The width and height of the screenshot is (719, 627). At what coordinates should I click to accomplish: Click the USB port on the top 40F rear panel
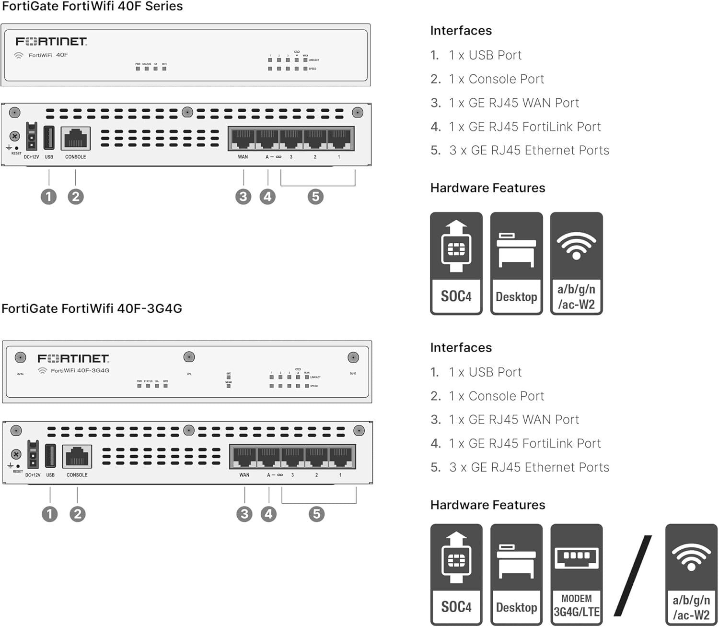[49, 138]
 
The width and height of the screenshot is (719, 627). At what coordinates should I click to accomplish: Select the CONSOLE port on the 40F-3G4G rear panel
[77, 456]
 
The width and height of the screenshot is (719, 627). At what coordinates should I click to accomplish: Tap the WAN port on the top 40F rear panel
[243, 139]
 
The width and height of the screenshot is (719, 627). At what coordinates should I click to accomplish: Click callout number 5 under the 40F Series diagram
[315, 197]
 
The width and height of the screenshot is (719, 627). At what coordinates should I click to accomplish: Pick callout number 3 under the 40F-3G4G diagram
[244, 514]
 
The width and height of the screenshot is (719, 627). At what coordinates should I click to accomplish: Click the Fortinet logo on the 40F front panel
[51, 42]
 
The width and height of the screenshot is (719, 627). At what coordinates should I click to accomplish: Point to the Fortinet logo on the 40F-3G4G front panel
[73, 359]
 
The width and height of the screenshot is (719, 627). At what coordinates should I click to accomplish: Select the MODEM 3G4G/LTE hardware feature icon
[576, 574]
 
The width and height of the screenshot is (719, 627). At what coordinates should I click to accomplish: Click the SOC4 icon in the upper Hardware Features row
[456, 263]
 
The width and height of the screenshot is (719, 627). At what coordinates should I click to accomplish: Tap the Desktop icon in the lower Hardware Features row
[516, 574]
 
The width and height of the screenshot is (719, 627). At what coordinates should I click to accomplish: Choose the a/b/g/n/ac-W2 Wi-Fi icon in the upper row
[576, 263]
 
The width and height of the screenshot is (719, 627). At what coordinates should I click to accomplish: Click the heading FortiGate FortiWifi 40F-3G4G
[92, 308]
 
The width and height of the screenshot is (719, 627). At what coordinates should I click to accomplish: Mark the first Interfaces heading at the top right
[461, 31]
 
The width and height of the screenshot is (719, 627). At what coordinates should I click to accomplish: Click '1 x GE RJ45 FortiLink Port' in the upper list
[524, 127]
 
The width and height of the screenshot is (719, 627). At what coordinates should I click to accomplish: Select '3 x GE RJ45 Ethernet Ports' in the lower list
[529, 467]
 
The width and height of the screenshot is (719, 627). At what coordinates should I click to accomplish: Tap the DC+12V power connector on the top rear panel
[32, 136]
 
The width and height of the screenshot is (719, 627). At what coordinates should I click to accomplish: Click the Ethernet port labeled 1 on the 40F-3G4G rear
[341, 457]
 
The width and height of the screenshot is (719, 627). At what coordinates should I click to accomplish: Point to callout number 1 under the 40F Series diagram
[48, 197]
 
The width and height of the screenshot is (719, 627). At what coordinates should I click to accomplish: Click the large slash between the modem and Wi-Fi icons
[633, 575]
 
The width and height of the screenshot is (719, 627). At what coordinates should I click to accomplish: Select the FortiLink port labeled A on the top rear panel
[267, 139]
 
